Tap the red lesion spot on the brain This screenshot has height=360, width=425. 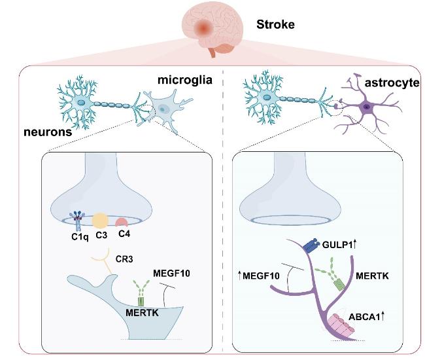(205, 28)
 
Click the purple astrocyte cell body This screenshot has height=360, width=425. (367, 106)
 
